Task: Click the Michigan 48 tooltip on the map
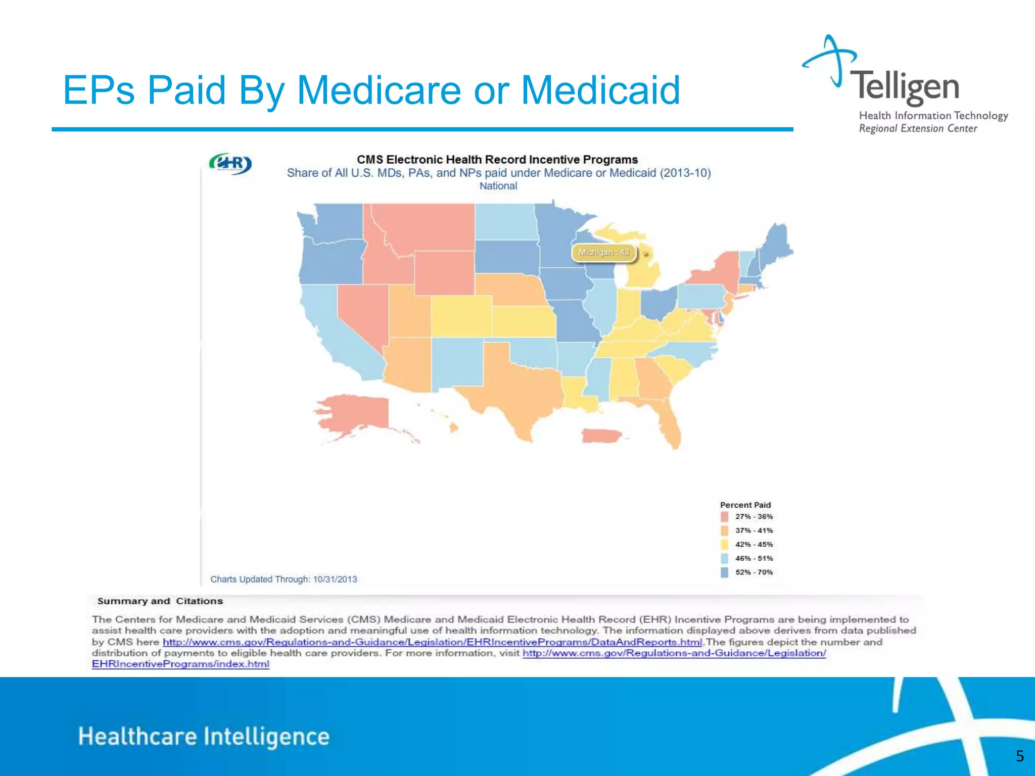pyautogui.click(x=604, y=252)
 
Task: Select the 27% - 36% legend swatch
pyautogui.click(x=725, y=517)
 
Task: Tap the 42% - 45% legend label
pyautogui.click(x=754, y=545)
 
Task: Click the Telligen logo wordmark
pyautogui.click(x=905, y=87)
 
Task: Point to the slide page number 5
pyautogui.click(x=1019, y=756)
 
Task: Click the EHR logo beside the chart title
pyautogui.click(x=230, y=164)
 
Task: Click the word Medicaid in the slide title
pyautogui.click(x=600, y=90)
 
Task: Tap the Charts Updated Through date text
pyautogui.click(x=284, y=579)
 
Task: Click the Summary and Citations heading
pyautogui.click(x=160, y=601)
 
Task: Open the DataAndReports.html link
pyautogui.click(x=432, y=642)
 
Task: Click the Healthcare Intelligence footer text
pyautogui.click(x=204, y=737)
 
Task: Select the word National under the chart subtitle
pyautogui.click(x=498, y=186)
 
